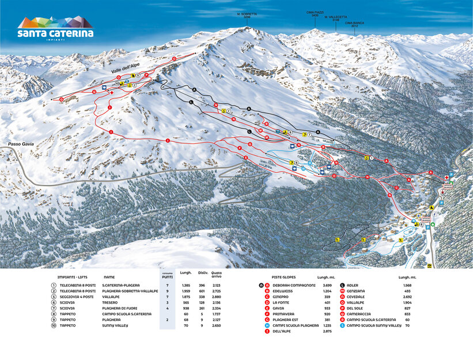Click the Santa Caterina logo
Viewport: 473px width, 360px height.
coord(55,28)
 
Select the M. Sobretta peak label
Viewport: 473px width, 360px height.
coord(247,15)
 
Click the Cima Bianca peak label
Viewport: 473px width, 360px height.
coord(355,24)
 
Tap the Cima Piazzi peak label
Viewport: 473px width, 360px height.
coord(315,14)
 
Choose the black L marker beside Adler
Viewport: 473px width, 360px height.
coord(343,285)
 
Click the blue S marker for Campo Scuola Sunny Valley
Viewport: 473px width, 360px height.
coord(343,325)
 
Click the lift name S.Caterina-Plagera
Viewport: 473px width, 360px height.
coord(122,285)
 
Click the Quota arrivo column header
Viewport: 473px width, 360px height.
coord(216,275)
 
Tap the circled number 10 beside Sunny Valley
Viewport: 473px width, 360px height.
coord(54,325)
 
